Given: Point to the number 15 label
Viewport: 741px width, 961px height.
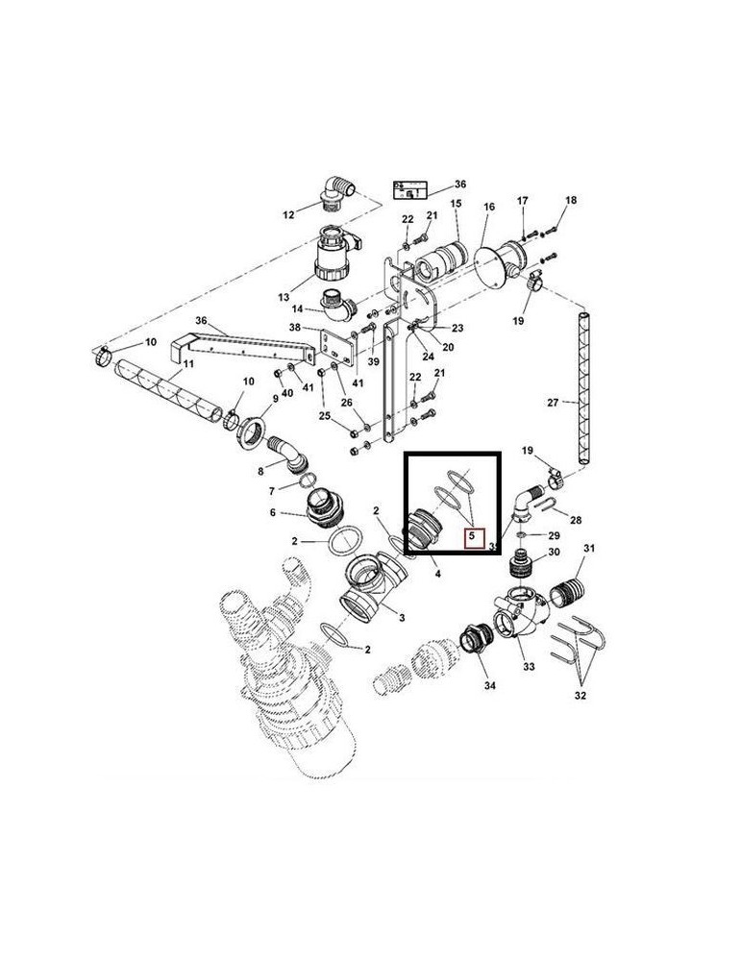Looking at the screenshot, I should point(456,204).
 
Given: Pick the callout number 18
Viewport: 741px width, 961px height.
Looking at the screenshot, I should point(571,200).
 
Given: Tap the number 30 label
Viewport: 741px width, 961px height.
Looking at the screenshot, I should point(553,553).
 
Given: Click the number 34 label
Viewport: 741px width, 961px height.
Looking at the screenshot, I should point(490,686).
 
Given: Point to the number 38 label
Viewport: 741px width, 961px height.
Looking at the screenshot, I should point(295,327).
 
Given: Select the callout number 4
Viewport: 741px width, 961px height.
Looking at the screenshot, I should point(437,574).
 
